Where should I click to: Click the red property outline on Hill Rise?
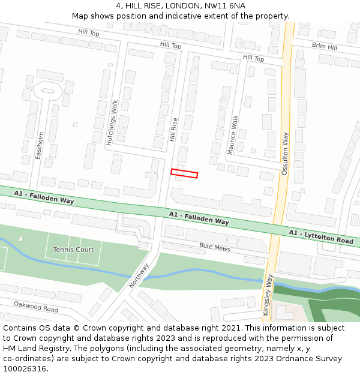point(184,173)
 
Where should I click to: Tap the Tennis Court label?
point(73,250)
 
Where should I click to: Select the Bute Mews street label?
point(215,246)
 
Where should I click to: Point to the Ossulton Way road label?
point(285,154)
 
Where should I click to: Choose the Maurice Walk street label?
point(233,135)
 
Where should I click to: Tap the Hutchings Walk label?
point(111,123)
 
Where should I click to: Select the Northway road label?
point(139,275)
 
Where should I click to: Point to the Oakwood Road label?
point(36,307)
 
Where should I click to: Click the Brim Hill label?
point(324,46)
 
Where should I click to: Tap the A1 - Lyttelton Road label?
point(321,236)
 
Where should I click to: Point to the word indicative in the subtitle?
point(178,16)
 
